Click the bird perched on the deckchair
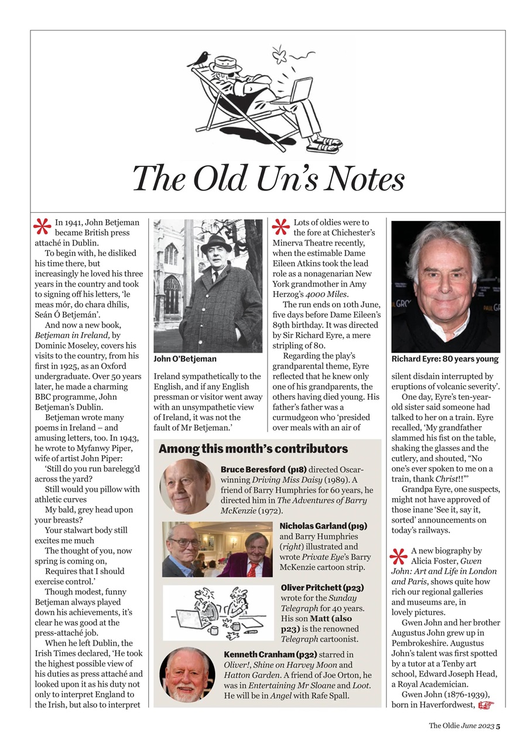coord(203,57)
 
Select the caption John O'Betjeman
coord(185,359)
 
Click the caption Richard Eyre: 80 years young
coord(445,359)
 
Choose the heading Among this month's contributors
coord(253,449)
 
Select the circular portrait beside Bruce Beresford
coord(187,486)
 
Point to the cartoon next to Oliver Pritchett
coord(217,612)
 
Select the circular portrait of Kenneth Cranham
coord(187,674)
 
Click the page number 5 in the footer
coord(498,725)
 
